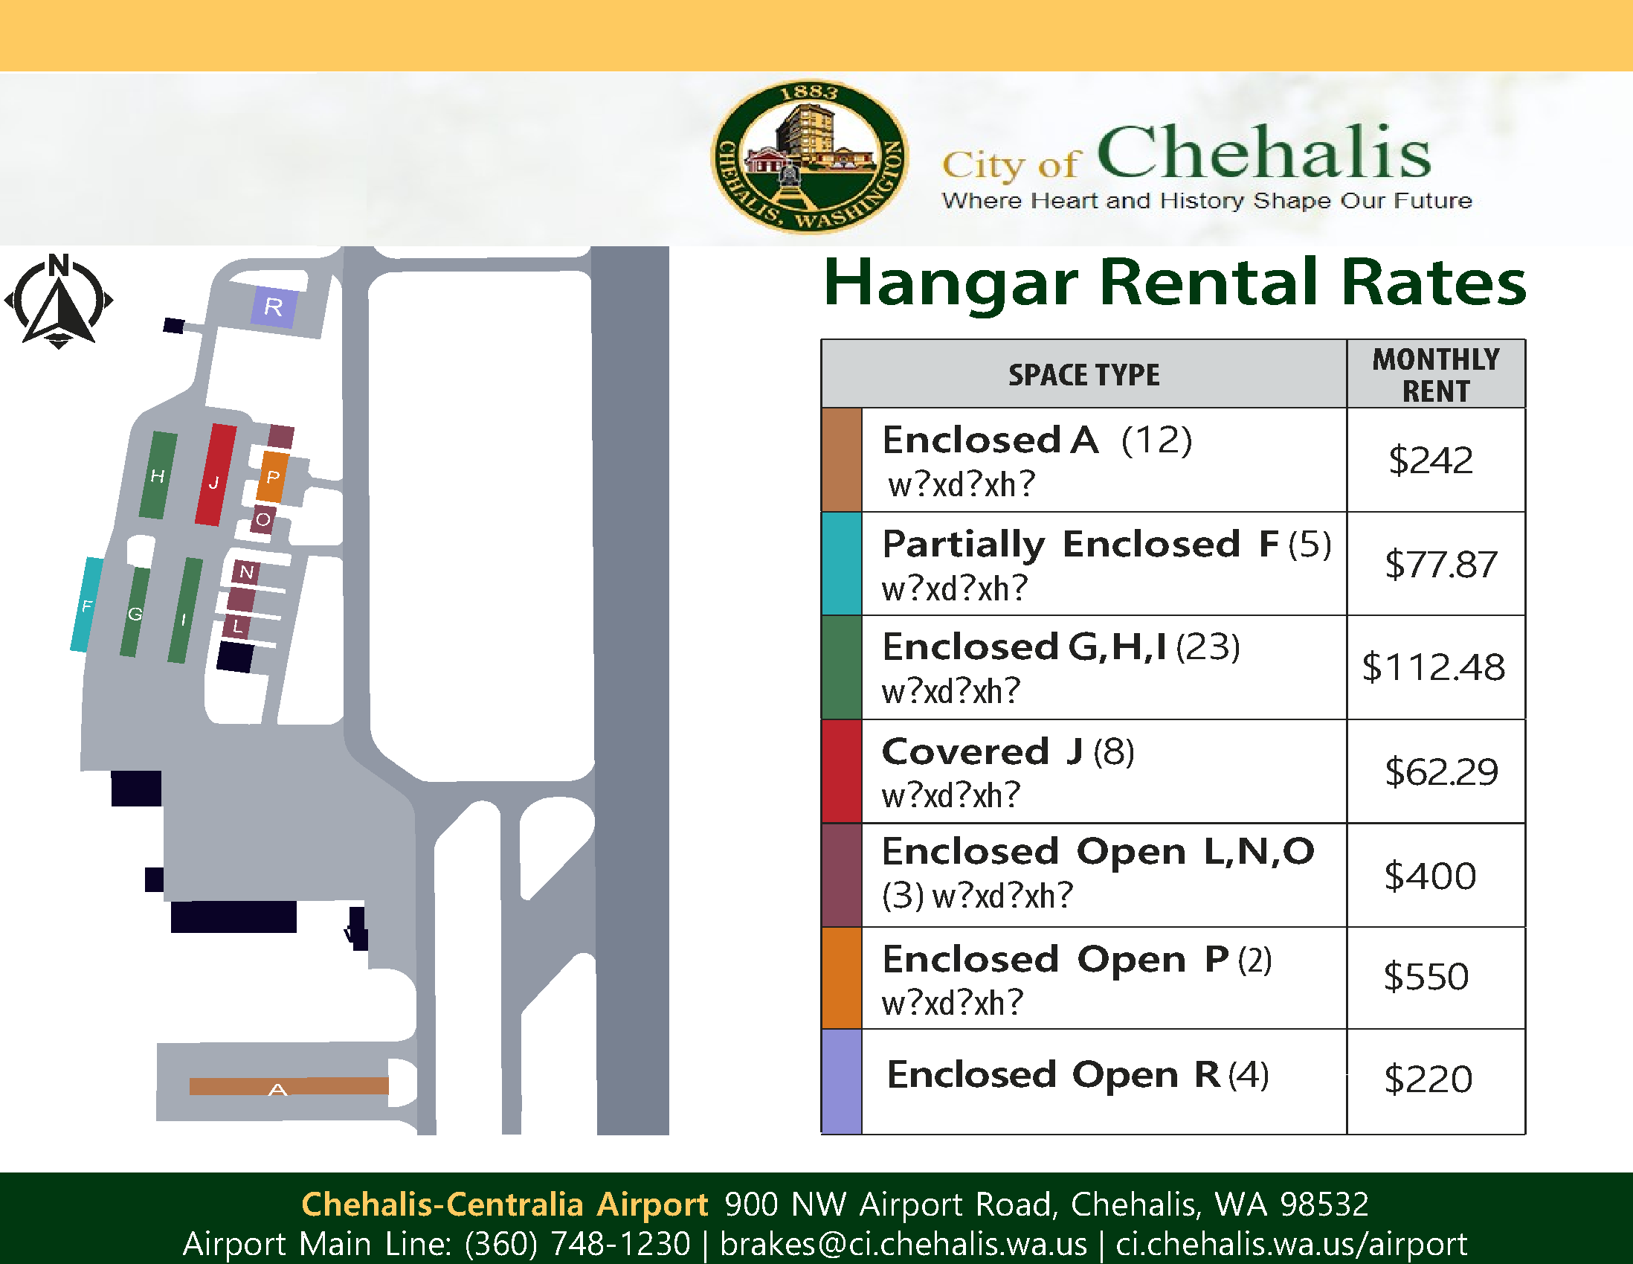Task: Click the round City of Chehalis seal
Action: click(x=809, y=157)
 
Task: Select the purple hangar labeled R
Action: click(x=274, y=307)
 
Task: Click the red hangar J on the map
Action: click(x=216, y=475)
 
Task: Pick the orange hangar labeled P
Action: click(x=273, y=476)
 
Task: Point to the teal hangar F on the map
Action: click(x=87, y=604)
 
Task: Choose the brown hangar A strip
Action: click(x=289, y=1086)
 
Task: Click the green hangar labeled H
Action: click(x=158, y=475)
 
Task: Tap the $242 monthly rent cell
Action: click(x=1431, y=460)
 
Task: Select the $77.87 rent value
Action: click(x=1440, y=564)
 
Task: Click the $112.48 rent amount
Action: click(x=1433, y=667)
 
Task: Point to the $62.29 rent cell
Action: click(x=1441, y=771)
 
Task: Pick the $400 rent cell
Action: click(x=1430, y=875)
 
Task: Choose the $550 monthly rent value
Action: click(x=1426, y=977)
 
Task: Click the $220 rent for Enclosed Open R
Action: click(x=1428, y=1079)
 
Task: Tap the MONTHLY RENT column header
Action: click(x=1436, y=375)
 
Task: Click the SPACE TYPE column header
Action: click(x=1083, y=375)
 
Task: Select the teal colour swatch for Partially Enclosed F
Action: click(x=841, y=564)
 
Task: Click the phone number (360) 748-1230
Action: click(x=577, y=1244)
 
